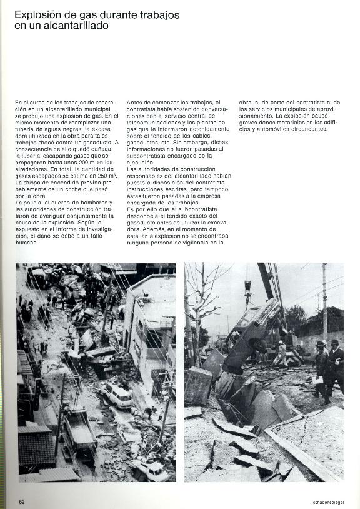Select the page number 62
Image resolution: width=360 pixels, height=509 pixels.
pos(21,501)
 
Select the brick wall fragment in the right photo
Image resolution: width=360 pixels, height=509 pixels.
pos(199,385)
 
